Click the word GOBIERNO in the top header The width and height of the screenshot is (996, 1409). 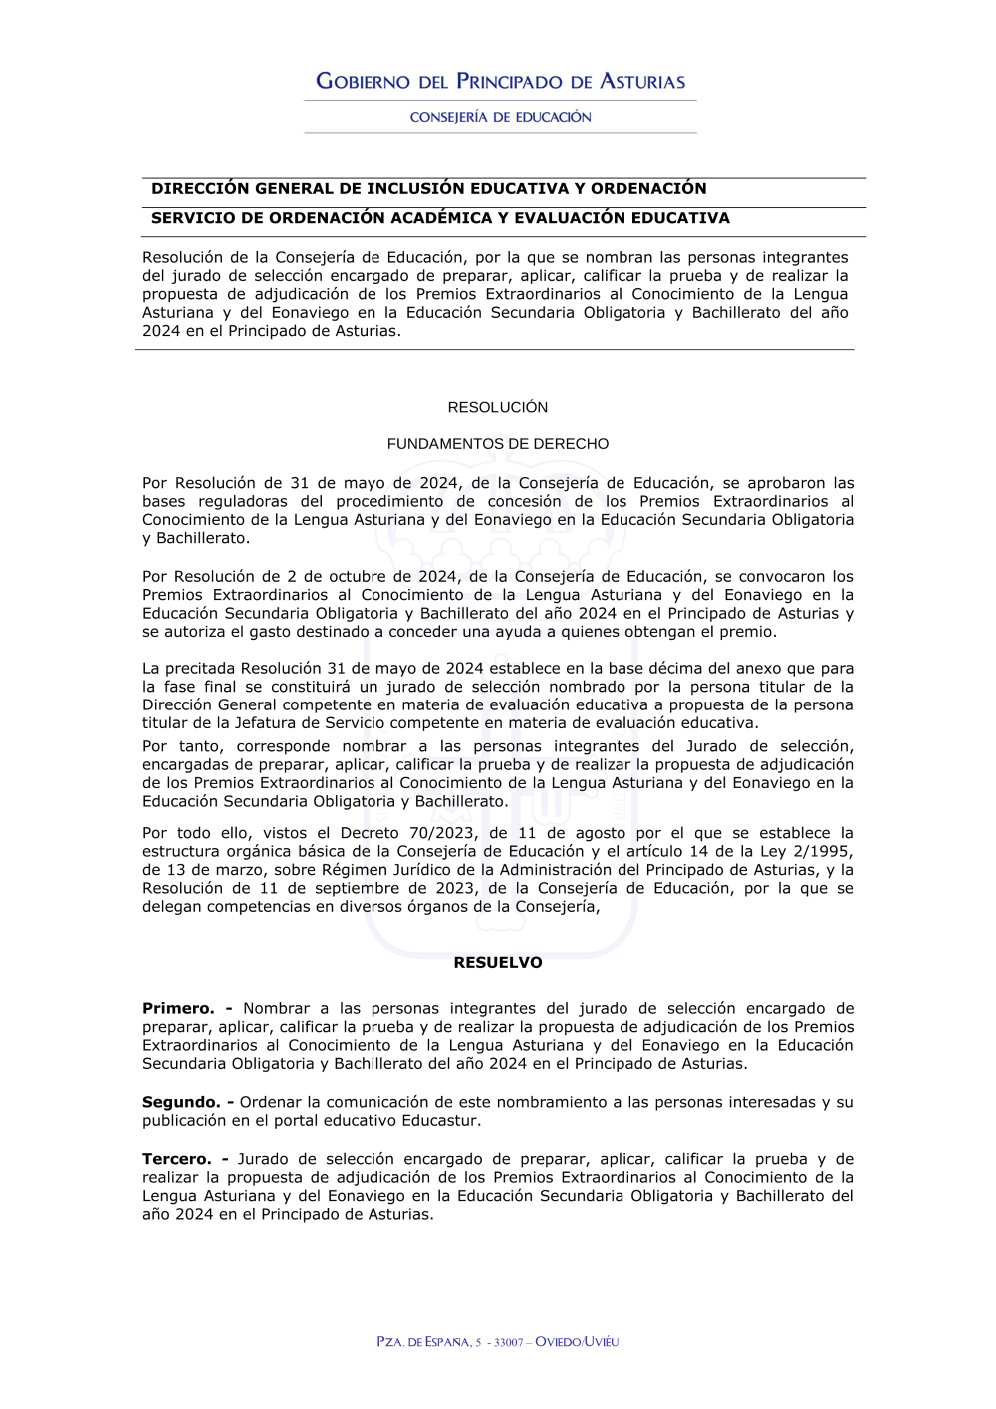coord(363,82)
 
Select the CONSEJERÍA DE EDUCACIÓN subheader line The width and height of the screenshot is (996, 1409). coord(500,117)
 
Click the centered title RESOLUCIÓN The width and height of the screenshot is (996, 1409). coord(498,407)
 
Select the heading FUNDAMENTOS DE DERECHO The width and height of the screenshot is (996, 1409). coord(498,444)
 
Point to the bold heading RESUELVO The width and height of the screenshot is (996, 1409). coord(498,963)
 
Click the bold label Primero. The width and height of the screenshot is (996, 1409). coord(178,1009)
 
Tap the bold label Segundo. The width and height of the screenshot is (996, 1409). coord(181,1102)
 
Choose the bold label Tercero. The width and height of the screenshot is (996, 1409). coord(177,1159)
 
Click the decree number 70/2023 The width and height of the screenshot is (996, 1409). coord(441,833)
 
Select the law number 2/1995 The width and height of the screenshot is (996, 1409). coord(821,851)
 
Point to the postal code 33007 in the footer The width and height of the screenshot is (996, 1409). coord(508,1342)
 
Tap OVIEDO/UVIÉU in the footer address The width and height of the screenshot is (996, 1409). coord(577,1342)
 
